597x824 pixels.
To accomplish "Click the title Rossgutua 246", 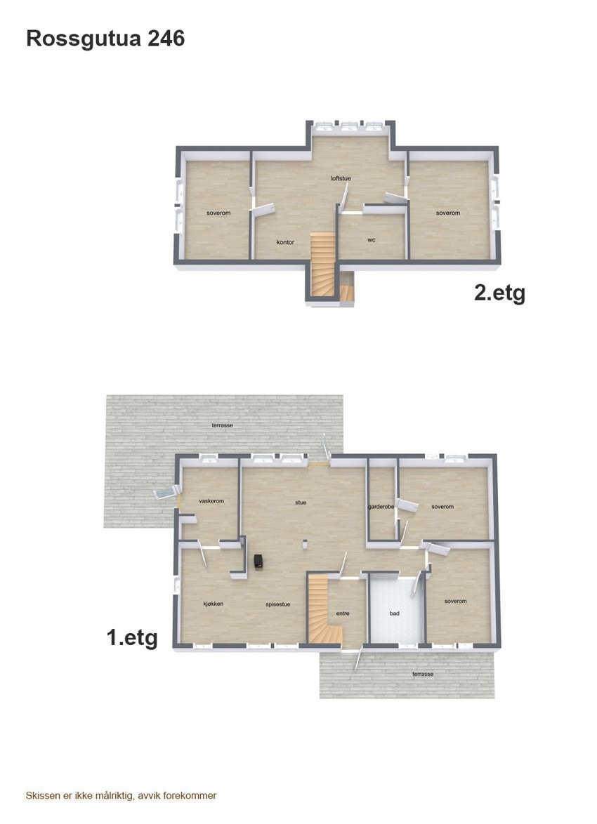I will tap(105, 39).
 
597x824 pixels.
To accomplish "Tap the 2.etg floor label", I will tap(499, 292).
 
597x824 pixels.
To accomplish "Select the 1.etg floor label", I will tap(132, 638).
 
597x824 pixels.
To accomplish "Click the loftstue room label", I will tap(341, 178).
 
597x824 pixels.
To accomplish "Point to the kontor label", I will tap(285, 242).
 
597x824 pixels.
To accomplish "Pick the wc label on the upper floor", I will tap(371, 239).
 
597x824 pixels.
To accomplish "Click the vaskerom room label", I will tap(211, 501).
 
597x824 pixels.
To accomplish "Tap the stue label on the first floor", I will tap(301, 503).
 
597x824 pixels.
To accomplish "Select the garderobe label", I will tap(381, 507).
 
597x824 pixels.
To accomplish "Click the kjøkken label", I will tap(214, 604).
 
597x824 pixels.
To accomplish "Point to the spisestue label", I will tap(278, 604).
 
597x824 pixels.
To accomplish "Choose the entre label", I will tap(343, 613).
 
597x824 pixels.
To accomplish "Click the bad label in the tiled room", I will tap(395, 613).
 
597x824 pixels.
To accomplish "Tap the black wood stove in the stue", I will tap(259, 560).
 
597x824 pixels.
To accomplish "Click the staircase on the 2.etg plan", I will tap(324, 263).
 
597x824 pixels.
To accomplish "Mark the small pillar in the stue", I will tap(305, 542).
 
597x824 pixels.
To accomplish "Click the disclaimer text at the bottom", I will tap(121, 795).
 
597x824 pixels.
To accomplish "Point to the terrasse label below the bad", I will tap(423, 674).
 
